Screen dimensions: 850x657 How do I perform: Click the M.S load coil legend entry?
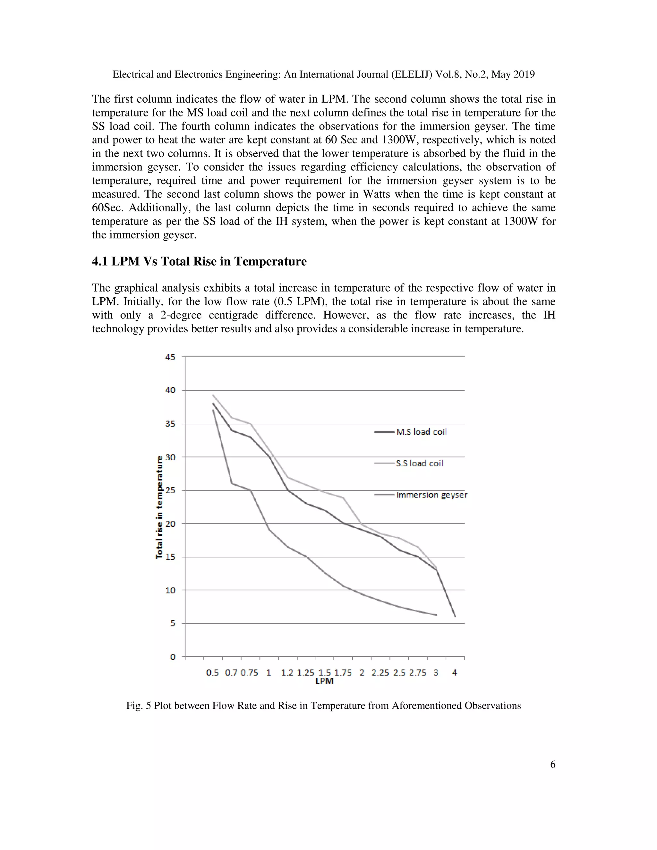pos(421,432)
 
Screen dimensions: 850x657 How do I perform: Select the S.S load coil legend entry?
pos(419,463)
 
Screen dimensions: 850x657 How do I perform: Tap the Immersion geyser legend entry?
pos(431,495)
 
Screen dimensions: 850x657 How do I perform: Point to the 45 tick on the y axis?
pos(170,357)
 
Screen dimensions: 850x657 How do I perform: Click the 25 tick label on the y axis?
pos(170,490)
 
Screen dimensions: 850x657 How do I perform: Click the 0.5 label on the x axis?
pos(212,673)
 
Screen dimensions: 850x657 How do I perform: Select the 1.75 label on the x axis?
pos(343,673)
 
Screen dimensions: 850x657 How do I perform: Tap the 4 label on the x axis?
pos(455,673)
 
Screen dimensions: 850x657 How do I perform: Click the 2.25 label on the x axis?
pos(380,673)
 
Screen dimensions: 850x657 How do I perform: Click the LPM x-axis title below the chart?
pos(324,681)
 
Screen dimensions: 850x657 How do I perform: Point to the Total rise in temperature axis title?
pos(159,507)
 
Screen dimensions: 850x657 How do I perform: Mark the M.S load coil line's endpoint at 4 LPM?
pos(455,616)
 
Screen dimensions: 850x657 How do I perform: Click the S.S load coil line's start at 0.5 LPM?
pos(213,395)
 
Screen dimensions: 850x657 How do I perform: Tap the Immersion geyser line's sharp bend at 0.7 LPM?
pos(232,483)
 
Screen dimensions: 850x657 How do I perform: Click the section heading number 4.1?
pos(100,261)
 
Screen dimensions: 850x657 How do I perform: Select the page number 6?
pos(553,765)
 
